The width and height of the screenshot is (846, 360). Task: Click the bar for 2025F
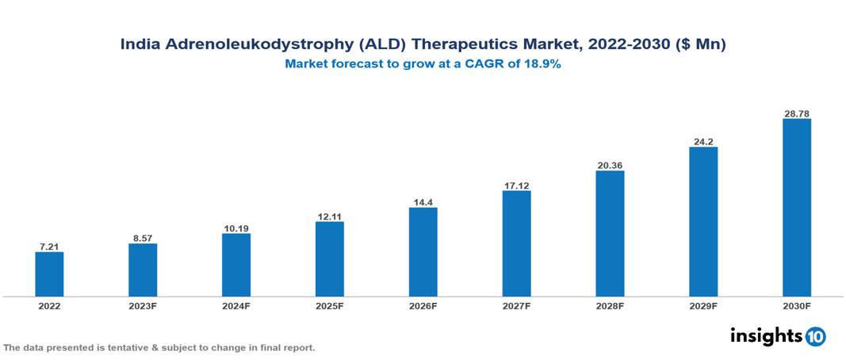329,259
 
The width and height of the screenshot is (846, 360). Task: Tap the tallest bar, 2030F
796,208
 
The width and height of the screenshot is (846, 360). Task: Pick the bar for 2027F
516,243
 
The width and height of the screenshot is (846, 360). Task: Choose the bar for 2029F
703,222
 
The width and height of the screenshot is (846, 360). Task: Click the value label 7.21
49,247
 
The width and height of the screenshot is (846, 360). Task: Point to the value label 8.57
143,238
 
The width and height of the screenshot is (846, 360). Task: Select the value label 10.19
236,228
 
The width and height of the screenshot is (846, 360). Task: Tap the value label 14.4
423,202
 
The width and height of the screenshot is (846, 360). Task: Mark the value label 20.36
610,165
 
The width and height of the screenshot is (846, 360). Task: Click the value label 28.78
796,114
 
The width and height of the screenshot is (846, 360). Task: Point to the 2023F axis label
143,306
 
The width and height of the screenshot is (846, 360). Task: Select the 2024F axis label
236,306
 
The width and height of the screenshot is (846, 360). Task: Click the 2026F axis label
423,306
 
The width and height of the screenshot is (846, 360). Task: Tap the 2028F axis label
610,306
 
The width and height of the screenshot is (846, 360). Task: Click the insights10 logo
778,336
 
